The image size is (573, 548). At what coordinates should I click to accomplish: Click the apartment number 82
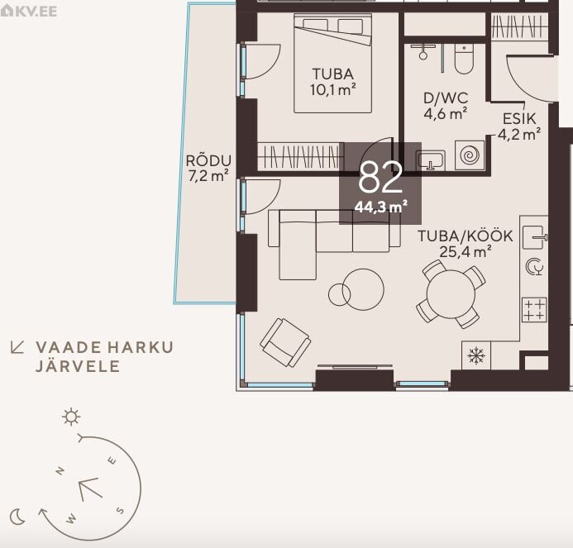[380, 178]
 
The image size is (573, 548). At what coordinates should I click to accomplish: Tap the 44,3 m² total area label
[381, 207]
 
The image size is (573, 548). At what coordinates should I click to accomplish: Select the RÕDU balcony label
[208, 160]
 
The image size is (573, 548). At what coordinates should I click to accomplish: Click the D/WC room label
[446, 98]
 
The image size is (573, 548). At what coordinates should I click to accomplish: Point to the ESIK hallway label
[519, 119]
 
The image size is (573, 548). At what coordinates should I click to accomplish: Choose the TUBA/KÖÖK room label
[466, 236]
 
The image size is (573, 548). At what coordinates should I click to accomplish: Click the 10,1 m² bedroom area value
[333, 89]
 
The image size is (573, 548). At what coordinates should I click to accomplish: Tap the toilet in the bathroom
[464, 59]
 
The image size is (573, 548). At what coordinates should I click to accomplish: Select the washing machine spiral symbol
[470, 155]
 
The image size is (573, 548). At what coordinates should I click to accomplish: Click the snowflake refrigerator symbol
[476, 355]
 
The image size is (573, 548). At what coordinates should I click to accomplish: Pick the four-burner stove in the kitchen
[535, 309]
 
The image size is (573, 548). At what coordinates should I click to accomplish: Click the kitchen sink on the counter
[535, 237]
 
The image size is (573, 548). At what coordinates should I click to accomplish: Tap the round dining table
[451, 294]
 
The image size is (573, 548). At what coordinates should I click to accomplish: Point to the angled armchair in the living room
[285, 342]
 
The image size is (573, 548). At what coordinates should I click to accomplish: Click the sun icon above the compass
[71, 417]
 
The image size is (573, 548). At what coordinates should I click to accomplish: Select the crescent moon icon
[17, 517]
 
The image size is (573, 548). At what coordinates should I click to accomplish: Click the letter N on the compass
[60, 470]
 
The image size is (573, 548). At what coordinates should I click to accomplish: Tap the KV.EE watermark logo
[29, 11]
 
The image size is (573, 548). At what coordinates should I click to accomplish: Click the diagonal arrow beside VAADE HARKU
[17, 347]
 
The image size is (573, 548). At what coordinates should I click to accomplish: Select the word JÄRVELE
[78, 365]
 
